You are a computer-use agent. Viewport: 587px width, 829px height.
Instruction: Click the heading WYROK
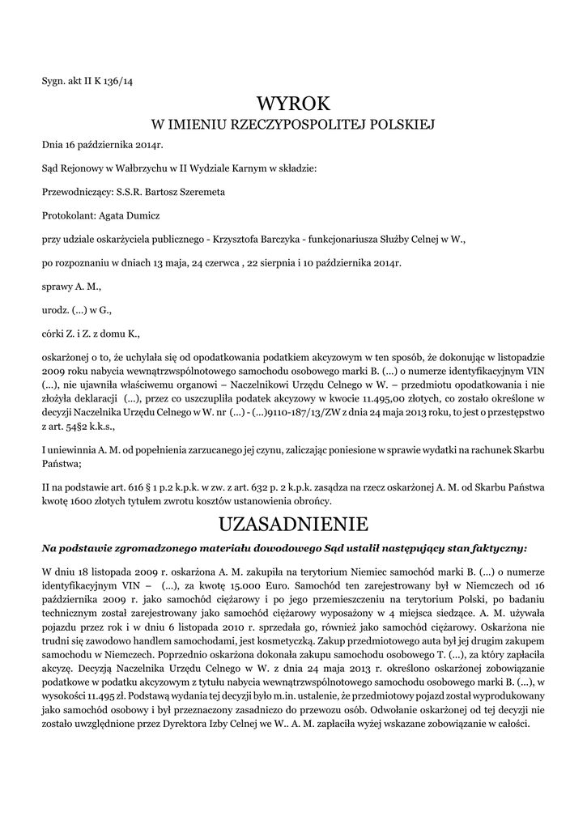293,104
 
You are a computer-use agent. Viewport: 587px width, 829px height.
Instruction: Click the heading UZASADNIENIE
293,521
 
